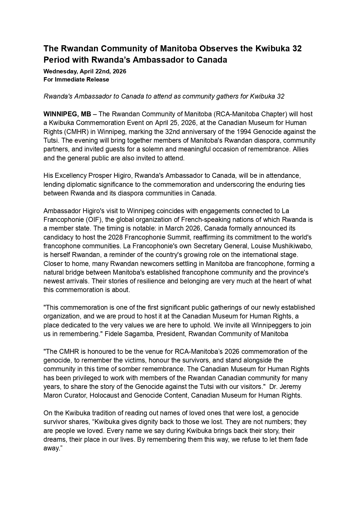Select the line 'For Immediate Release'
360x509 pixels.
pyautogui.click(x=76, y=79)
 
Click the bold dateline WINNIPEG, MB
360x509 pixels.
pyautogui.click(x=67, y=114)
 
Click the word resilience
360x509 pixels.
pyautogui.click(x=132, y=281)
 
